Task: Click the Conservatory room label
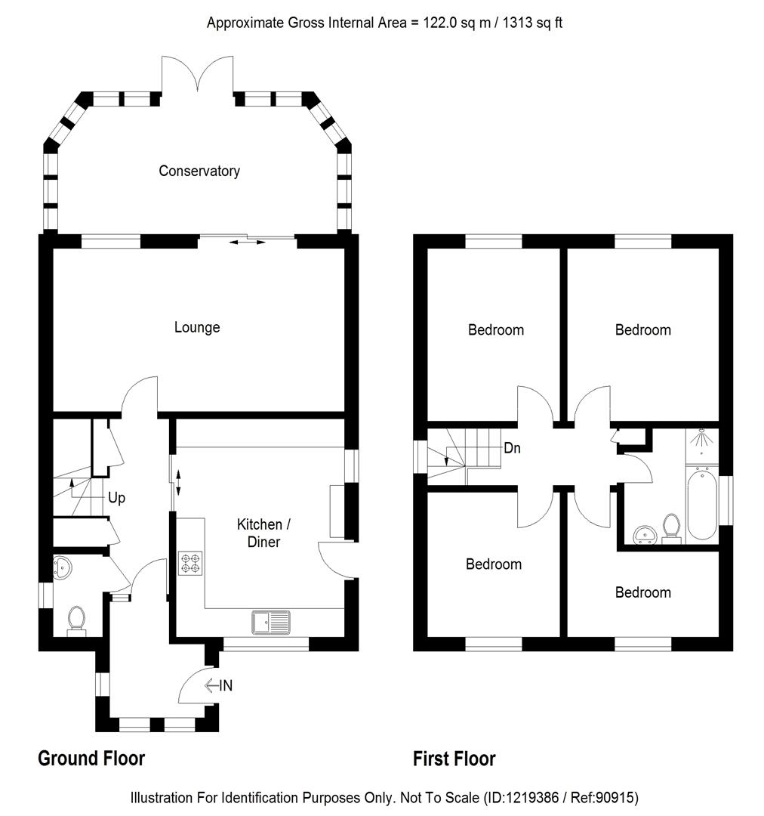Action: coord(199,171)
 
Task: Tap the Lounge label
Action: coord(197,327)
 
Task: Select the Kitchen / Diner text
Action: coord(259,533)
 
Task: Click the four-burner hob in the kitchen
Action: coord(190,564)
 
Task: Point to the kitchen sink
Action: coord(270,622)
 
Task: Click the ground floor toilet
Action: coord(76,620)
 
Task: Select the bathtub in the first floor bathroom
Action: coord(701,502)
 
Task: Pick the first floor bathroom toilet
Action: coord(670,526)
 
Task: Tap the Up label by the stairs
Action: coord(116,499)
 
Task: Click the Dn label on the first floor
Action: coord(512,448)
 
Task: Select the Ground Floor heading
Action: coord(91,758)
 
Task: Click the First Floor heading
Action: coord(454,758)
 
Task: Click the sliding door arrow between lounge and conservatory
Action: coord(248,242)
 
